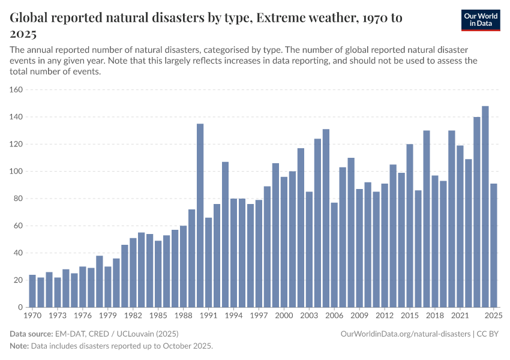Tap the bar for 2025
click(494, 245)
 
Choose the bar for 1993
click(226, 234)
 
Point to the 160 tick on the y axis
click(17, 90)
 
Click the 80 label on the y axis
click(19, 199)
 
